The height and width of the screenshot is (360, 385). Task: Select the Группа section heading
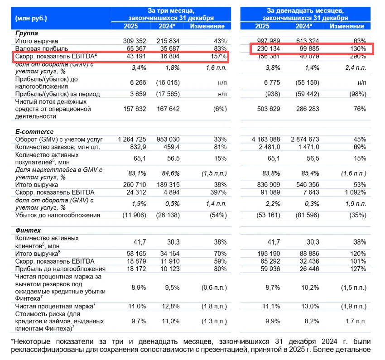26,33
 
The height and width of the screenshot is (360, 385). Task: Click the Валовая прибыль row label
42,48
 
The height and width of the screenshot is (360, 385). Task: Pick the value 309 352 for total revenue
135,41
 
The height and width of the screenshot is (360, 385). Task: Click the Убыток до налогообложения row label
58,215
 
